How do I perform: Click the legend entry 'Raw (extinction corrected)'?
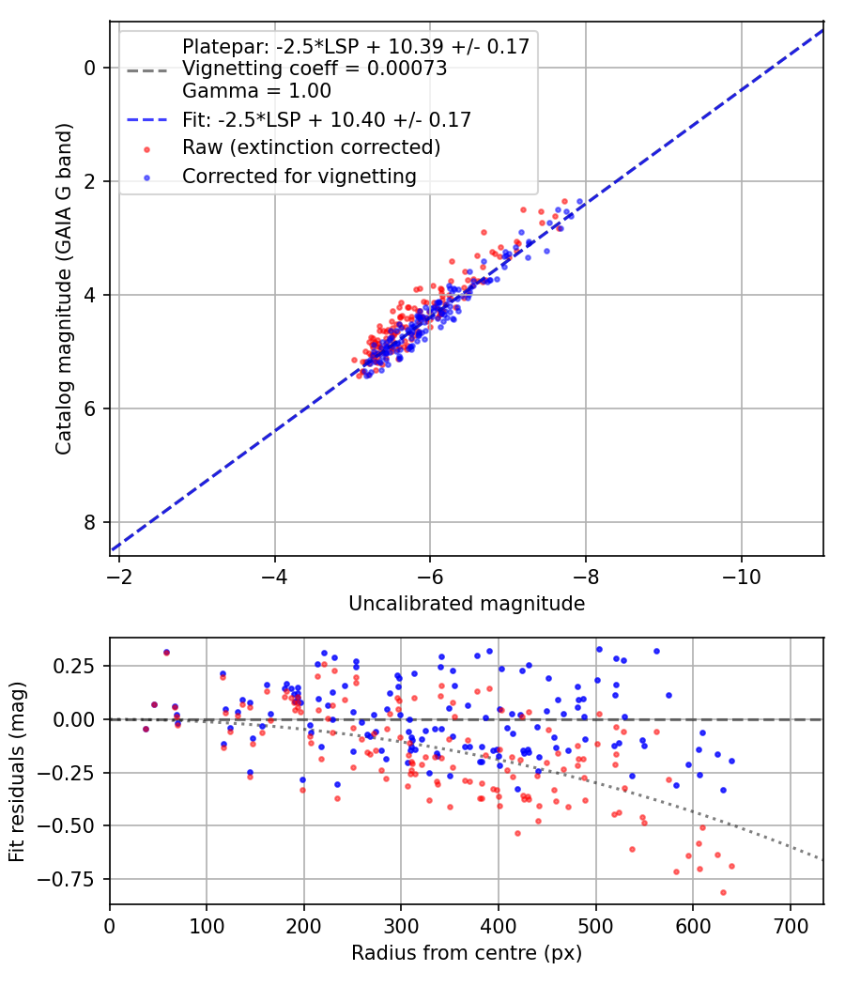(311, 147)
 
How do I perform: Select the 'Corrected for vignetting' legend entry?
(299, 176)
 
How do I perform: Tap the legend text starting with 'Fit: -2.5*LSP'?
(327, 119)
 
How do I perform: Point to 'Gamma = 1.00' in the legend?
(256, 91)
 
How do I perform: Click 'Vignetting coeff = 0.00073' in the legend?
(315, 69)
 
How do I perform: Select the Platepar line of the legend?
(356, 46)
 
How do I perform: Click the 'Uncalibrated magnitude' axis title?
(467, 603)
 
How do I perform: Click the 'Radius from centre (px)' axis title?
(467, 953)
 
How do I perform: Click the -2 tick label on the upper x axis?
(119, 574)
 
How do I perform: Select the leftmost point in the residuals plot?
(146, 729)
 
